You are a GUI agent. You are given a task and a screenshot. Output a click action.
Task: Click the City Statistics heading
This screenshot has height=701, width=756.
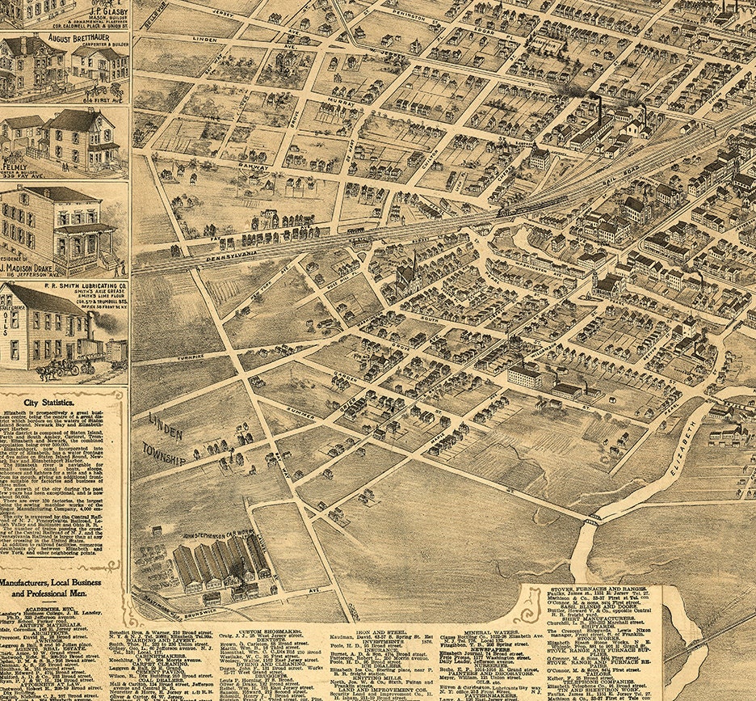(x=63, y=401)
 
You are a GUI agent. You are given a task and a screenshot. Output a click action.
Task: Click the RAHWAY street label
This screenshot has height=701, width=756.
(x=253, y=165)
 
